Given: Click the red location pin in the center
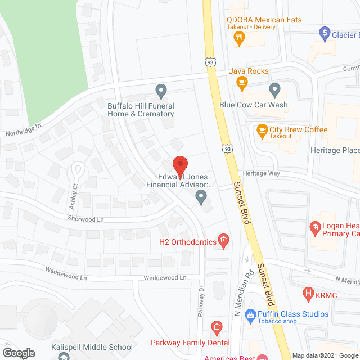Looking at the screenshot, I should pyautogui.click(x=179, y=165).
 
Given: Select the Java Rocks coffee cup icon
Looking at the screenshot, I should pyautogui.click(x=242, y=84).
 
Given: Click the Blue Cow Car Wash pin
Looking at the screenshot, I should pyautogui.click(x=274, y=89).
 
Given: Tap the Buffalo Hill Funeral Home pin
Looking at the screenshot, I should pyautogui.click(x=161, y=90).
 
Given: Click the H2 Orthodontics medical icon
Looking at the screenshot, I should pyautogui.click(x=223, y=241).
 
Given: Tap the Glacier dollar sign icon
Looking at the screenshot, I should pyautogui.click(x=325, y=33).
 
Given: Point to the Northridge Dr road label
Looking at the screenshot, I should pyautogui.click(x=24, y=133).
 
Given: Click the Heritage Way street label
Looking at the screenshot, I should pyautogui.click(x=262, y=173).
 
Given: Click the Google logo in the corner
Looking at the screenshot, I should pyautogui.click(x=18, y=353).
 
